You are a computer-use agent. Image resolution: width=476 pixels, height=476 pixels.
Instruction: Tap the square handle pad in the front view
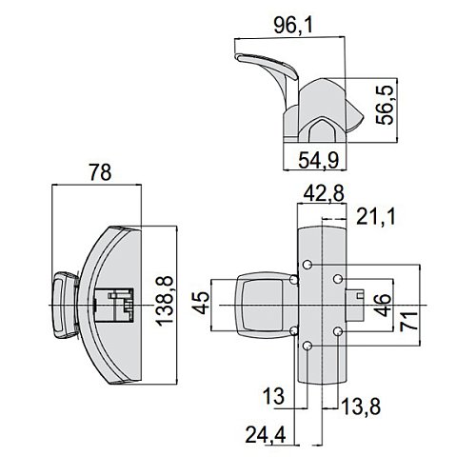259,305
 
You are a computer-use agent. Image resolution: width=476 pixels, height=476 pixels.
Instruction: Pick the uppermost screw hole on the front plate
307,262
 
